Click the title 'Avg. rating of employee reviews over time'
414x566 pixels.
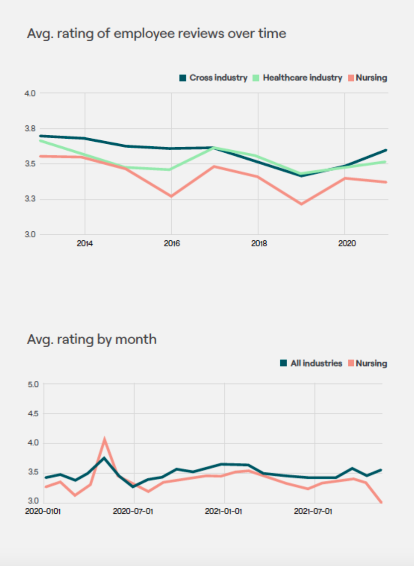[x=156, y=34]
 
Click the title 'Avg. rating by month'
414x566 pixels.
[x=92, y=339]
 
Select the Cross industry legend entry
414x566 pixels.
[x=213, y=78]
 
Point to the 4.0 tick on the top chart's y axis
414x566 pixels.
[x=31, y=93]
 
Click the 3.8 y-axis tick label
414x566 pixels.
[x=31, y=128]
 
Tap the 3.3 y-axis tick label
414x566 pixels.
[x=31, y=199]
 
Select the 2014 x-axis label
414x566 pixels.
[x=85, y=244]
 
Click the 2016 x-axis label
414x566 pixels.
[x=172, y=244]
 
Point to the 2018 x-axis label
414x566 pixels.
[x=258, y=244]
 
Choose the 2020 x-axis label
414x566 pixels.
[x=345, y=244]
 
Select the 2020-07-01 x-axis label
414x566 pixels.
[x=133, y=511]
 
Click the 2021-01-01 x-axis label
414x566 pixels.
[x=223, y=511]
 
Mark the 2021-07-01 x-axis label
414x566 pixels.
[x=313, y=511]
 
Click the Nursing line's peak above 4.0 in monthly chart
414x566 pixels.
[x=104, y=439]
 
